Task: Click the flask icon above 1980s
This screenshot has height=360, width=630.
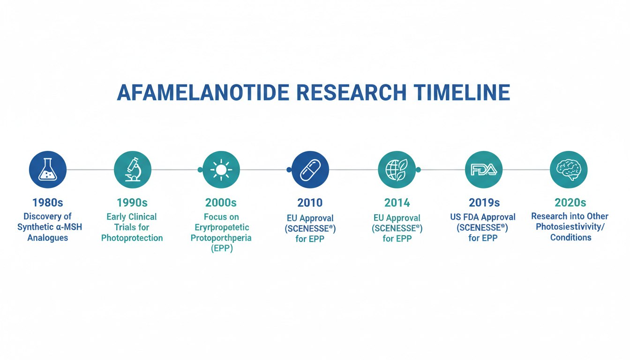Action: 47,170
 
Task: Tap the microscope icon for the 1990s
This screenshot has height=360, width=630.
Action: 133,170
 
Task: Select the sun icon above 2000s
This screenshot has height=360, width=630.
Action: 221,170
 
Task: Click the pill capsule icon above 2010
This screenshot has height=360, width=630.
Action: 310,170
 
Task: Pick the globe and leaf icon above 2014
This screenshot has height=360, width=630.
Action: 397,170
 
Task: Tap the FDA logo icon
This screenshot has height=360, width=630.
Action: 484,170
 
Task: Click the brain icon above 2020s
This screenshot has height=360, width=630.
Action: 569,170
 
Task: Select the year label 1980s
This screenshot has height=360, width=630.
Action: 47,202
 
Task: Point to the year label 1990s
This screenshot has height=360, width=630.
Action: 132,202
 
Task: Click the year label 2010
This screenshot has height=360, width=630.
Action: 310,202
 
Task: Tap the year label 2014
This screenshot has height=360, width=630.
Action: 397,202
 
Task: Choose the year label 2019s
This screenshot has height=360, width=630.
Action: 484,202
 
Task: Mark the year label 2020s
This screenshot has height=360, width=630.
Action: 570,202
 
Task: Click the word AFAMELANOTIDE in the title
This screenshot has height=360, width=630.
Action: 203,92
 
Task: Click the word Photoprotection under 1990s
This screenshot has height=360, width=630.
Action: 132,238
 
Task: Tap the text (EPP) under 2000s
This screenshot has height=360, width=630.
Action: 222,248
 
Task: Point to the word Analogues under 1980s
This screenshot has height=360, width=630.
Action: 47,238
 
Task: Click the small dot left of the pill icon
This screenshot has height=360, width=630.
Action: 289,170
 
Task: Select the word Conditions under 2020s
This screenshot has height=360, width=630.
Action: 570,237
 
